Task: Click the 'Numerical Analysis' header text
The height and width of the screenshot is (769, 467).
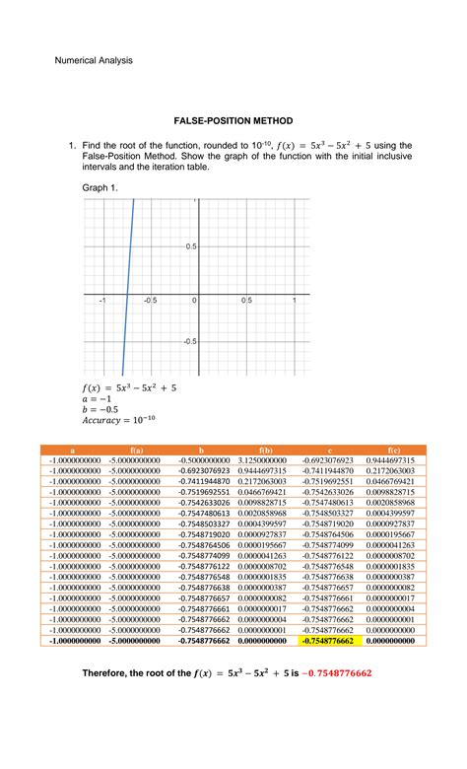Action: (92, 60)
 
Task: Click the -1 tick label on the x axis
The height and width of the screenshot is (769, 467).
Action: (101, 300)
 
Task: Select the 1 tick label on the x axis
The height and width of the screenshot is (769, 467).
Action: (295, 300)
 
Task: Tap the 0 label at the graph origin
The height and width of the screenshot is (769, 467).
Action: (194, 300)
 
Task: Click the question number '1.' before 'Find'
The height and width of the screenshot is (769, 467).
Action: (73, 145)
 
